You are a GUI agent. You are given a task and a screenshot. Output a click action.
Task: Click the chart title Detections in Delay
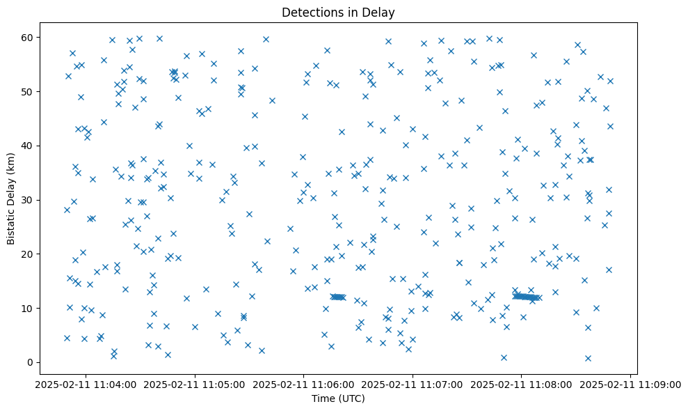(x=338, y=13)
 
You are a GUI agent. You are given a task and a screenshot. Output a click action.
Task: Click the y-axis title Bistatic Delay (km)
(x=12, y=199)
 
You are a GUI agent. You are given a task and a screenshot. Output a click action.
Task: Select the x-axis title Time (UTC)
(x=338, y=398)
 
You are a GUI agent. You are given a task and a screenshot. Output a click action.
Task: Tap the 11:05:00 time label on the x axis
(x=195, y=384)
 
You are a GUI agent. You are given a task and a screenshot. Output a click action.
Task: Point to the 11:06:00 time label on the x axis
(x=304, y=384)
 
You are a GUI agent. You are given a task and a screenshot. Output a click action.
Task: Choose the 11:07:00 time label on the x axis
(x=413, y=384)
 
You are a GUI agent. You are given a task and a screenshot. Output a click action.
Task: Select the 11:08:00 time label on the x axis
(x=522, y=384)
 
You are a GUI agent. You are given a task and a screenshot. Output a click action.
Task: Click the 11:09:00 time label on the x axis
(x=631, y=384)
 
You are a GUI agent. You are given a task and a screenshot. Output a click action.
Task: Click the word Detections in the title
(x=310, y=13)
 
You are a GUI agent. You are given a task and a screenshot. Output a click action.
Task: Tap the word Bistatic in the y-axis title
(x=12, y=222)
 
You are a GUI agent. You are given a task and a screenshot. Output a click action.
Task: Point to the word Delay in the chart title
(x=382, y=13)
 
